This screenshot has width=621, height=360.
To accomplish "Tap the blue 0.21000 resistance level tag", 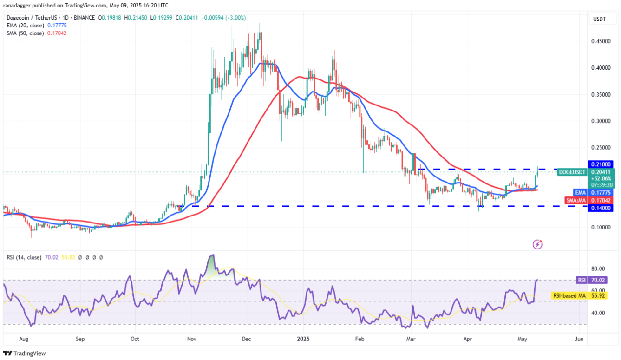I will pos(602,164).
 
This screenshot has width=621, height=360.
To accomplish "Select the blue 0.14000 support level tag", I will pos(602,209).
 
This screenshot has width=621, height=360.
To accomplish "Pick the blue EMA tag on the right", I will pos(580,192).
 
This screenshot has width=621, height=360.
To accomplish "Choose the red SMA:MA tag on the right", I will pos(576,200).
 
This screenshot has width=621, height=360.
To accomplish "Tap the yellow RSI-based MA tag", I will pos(568,295).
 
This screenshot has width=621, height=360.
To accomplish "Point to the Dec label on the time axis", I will pos(247,340).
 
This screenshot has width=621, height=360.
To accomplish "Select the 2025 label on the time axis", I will pos(303,340).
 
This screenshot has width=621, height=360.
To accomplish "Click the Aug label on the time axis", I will pos(24,340).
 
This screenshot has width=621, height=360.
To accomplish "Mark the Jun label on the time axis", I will pos(579,340).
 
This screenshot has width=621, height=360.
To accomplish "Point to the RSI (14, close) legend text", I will pos(23,257).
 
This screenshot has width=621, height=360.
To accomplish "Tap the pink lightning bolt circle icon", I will pos(537,244).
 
